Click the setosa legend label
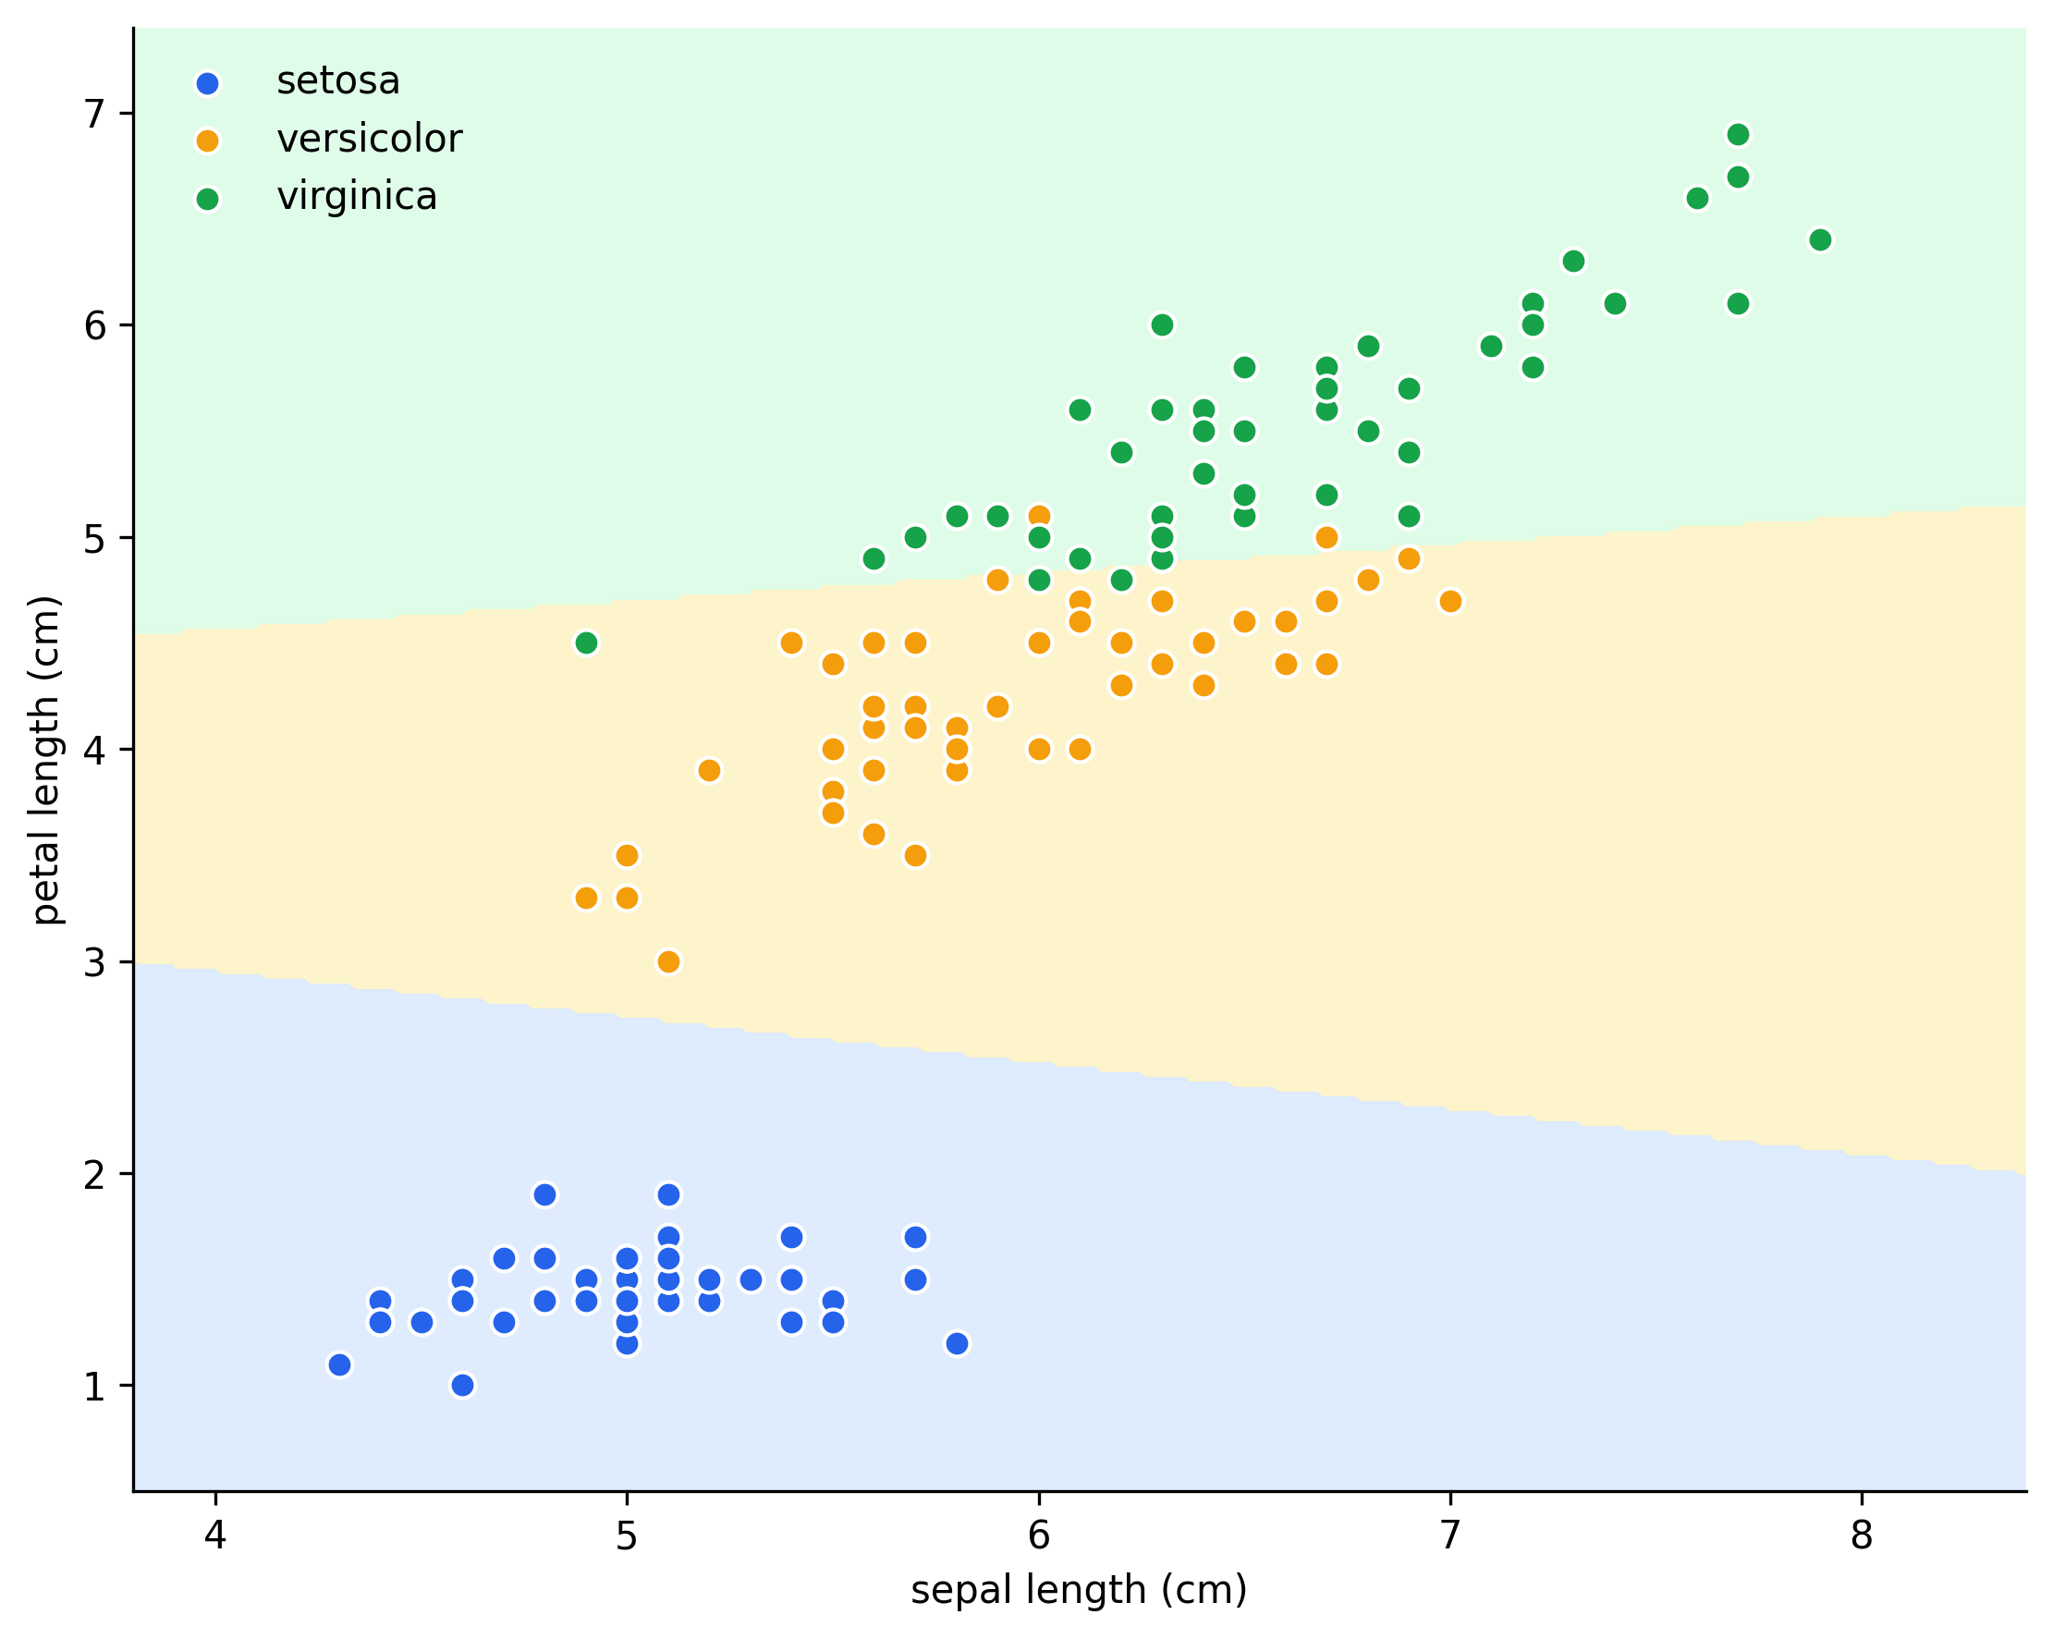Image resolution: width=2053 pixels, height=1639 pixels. tap(338, 81)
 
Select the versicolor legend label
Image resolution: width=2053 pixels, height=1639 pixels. tap(370, 139)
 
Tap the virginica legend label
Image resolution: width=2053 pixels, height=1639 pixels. tap(357, 197)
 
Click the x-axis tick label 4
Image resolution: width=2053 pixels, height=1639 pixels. tap(215, 1535)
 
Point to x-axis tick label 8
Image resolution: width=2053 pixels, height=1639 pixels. tap(1862, 1535)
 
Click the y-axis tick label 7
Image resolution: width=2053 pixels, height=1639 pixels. tap(94, 115)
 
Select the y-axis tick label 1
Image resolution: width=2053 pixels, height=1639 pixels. tap(94, 1387)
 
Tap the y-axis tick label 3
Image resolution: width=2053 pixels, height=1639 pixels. tap(94, 963)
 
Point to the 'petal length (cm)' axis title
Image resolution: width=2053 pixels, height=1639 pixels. tap(45, 760)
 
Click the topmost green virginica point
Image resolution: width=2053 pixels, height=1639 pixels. tap(1738, 134)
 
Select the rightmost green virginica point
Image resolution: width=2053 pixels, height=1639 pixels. tap(1820, 240)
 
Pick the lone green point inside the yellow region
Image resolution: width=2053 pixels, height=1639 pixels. tap(587, 642)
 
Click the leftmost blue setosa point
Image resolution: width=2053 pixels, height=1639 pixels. tap(339, 1364)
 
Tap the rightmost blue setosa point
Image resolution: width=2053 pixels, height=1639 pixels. tap(957, 1344)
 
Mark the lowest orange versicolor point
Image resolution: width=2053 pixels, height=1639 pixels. tap(668, 962)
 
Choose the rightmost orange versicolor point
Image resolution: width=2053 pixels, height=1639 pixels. tap(1450, 601)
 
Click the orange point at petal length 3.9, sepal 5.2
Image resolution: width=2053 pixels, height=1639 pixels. tap(709, 770)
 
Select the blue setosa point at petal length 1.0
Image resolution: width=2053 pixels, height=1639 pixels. tap(463, 1385)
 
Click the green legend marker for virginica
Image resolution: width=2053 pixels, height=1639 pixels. tap(207, 199)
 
